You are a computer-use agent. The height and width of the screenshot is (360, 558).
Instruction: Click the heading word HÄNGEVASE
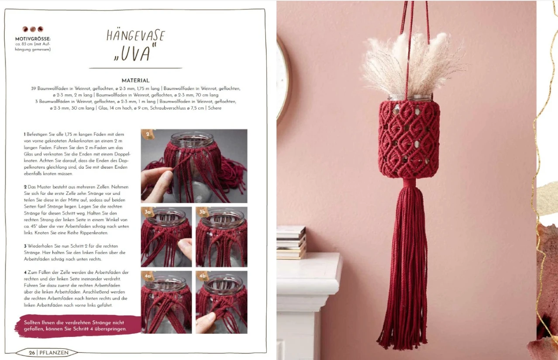coord(136,35)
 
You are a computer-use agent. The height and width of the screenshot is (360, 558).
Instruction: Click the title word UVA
coord(135,53)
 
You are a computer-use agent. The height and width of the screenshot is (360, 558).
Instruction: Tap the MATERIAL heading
coord(135,80)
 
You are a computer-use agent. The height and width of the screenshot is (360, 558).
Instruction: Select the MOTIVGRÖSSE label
coord(33,39)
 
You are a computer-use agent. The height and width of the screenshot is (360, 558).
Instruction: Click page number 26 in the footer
coord(32,353)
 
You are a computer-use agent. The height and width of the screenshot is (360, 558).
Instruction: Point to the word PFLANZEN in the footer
coord(54,353)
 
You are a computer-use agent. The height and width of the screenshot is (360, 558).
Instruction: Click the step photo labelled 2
coord(194,166)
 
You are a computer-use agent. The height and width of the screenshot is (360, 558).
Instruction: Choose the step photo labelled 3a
coord(166,237)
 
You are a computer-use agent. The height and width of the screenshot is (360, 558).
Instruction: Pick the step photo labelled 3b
coord(221,237)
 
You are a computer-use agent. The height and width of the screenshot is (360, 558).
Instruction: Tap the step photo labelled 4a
coord(166,302)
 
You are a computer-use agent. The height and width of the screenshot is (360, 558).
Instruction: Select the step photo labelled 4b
coord(221,302)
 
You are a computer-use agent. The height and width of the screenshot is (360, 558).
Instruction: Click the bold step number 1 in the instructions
coord(24,135)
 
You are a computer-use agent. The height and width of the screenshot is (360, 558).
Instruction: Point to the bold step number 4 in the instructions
coord(25,272)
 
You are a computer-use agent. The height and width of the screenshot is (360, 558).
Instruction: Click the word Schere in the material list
coord(214,108)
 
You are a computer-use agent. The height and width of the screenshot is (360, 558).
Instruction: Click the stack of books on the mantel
coord(291,242)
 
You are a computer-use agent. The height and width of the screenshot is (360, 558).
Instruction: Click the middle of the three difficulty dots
coord(33,29)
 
